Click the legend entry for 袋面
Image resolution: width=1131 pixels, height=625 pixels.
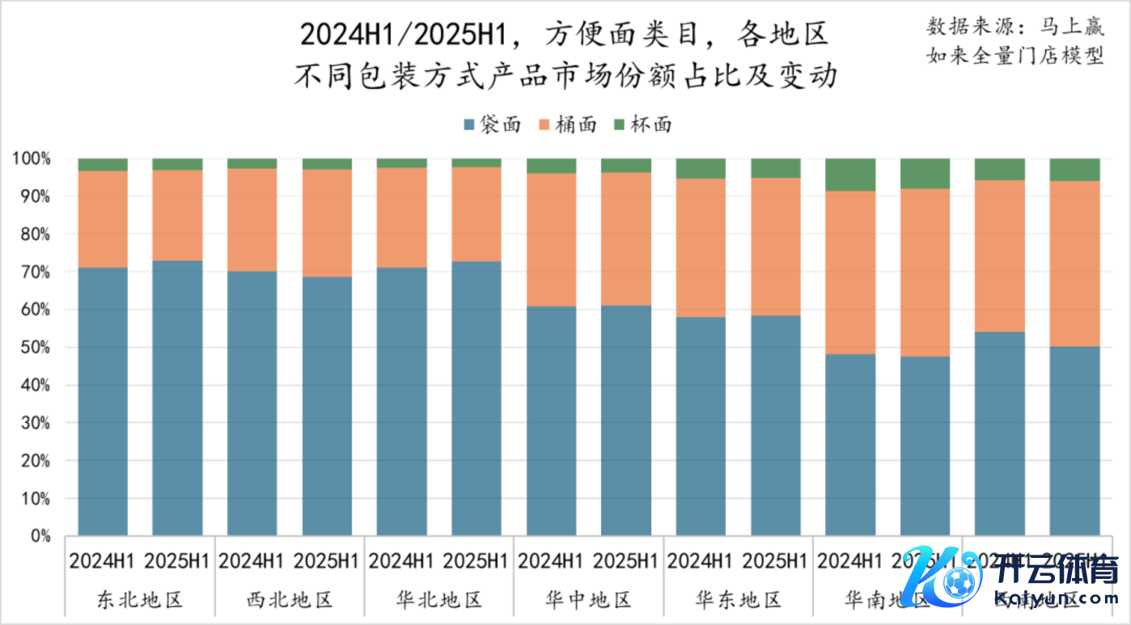[490, 125]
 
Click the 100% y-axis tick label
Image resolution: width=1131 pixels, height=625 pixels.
[32, 158]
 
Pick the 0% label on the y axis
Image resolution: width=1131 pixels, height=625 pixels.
[40, 536]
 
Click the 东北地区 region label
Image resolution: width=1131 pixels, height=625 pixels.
[139, 600]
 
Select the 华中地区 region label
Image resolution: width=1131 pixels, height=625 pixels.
[588, 600]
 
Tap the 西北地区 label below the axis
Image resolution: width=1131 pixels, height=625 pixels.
[289, 600]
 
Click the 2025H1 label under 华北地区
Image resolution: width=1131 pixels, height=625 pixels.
[477, 560]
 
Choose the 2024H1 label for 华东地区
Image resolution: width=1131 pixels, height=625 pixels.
[701, 560]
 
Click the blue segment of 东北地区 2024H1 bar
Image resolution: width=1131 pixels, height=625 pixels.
[103, 402]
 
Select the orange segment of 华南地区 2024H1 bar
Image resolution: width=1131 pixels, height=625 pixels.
[850, 272]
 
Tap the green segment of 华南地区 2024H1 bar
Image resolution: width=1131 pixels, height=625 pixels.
[850, 175]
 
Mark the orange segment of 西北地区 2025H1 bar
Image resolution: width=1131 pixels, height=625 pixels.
[327, 223]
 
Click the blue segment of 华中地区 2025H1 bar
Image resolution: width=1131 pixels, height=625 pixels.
[626, 420]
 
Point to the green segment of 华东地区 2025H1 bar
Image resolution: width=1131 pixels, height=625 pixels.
[776, 168]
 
